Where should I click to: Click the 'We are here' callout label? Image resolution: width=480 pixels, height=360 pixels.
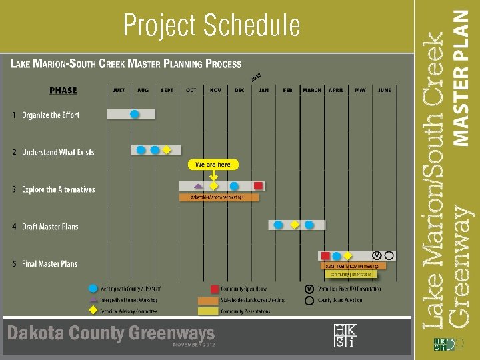pos(213,164)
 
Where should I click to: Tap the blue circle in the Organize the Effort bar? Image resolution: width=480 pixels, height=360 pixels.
pos(135,114)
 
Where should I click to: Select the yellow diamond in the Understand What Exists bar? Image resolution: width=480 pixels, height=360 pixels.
pos(166,150)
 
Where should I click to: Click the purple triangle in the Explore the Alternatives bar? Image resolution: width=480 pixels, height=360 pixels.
pos(198,186)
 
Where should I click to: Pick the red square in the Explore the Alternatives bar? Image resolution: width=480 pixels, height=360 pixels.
pos(258,186)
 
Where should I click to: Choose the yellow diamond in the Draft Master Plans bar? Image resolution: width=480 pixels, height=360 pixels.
pos(295,225)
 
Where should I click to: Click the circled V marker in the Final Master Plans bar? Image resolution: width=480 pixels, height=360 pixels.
pos(377,255)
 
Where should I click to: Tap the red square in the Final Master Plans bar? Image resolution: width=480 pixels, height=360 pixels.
pos(325,256)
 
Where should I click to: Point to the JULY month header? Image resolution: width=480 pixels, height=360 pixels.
pos(119,90)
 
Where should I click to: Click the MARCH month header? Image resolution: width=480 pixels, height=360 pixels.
pos(311,90)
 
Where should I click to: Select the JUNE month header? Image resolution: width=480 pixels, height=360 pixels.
pos(384,90)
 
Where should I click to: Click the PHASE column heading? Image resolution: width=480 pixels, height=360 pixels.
pos(63,91)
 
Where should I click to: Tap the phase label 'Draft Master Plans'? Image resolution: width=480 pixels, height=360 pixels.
pos(50,227)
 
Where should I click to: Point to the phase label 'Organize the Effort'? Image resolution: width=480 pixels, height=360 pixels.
pos(51,115)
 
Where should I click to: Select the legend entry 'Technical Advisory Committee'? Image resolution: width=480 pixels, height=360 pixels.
pos(129,311)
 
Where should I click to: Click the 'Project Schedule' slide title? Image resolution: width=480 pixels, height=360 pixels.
pos(212,26)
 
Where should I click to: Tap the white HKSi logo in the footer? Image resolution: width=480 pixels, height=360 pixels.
pos(345,336)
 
